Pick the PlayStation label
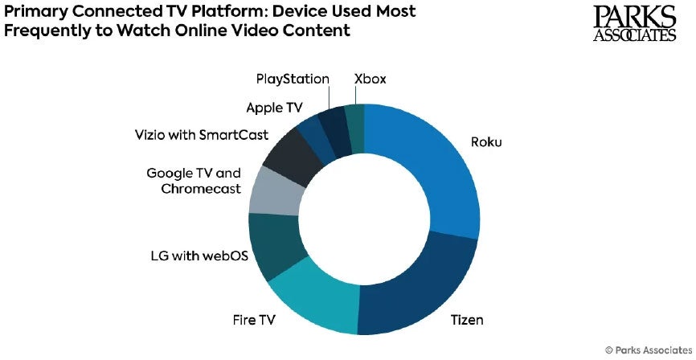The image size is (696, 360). (293, 79)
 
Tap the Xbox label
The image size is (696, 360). (371, 79)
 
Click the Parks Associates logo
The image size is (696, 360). (635, 24)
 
